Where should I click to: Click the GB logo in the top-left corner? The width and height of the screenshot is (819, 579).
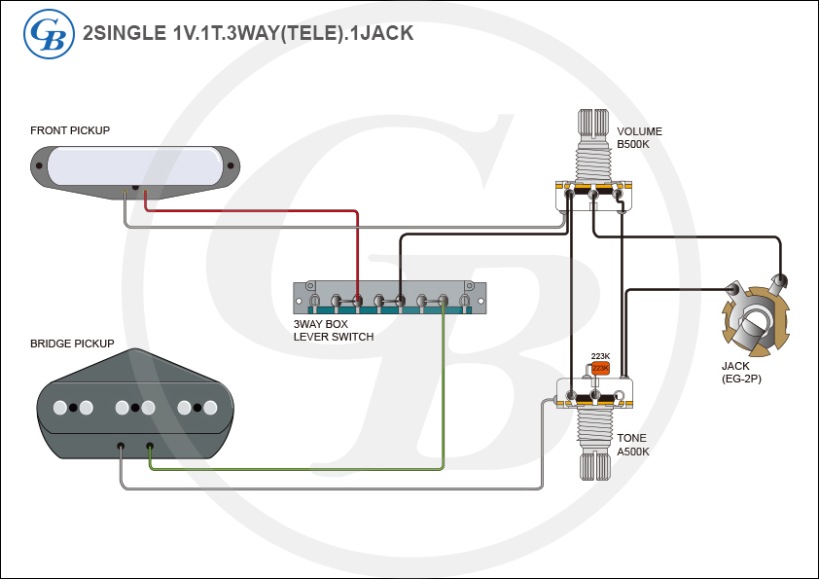coord(48,33)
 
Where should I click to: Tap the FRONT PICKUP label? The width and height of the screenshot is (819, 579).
coord(70,130)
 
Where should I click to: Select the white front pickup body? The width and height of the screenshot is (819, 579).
coord(136,164)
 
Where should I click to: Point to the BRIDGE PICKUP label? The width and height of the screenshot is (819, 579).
coord(72,344)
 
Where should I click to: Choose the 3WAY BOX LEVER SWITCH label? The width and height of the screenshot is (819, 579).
coord(334,330)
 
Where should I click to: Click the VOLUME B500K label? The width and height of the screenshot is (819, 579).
coord(639,138)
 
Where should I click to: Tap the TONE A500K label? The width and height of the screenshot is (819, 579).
coord(633,445)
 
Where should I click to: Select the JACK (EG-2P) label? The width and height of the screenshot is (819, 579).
coord(741,372)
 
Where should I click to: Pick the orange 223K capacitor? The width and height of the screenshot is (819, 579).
coord(600,368)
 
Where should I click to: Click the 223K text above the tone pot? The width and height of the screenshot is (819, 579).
coord(600,356)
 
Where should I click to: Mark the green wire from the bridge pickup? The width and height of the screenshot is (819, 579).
coord(444,389)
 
